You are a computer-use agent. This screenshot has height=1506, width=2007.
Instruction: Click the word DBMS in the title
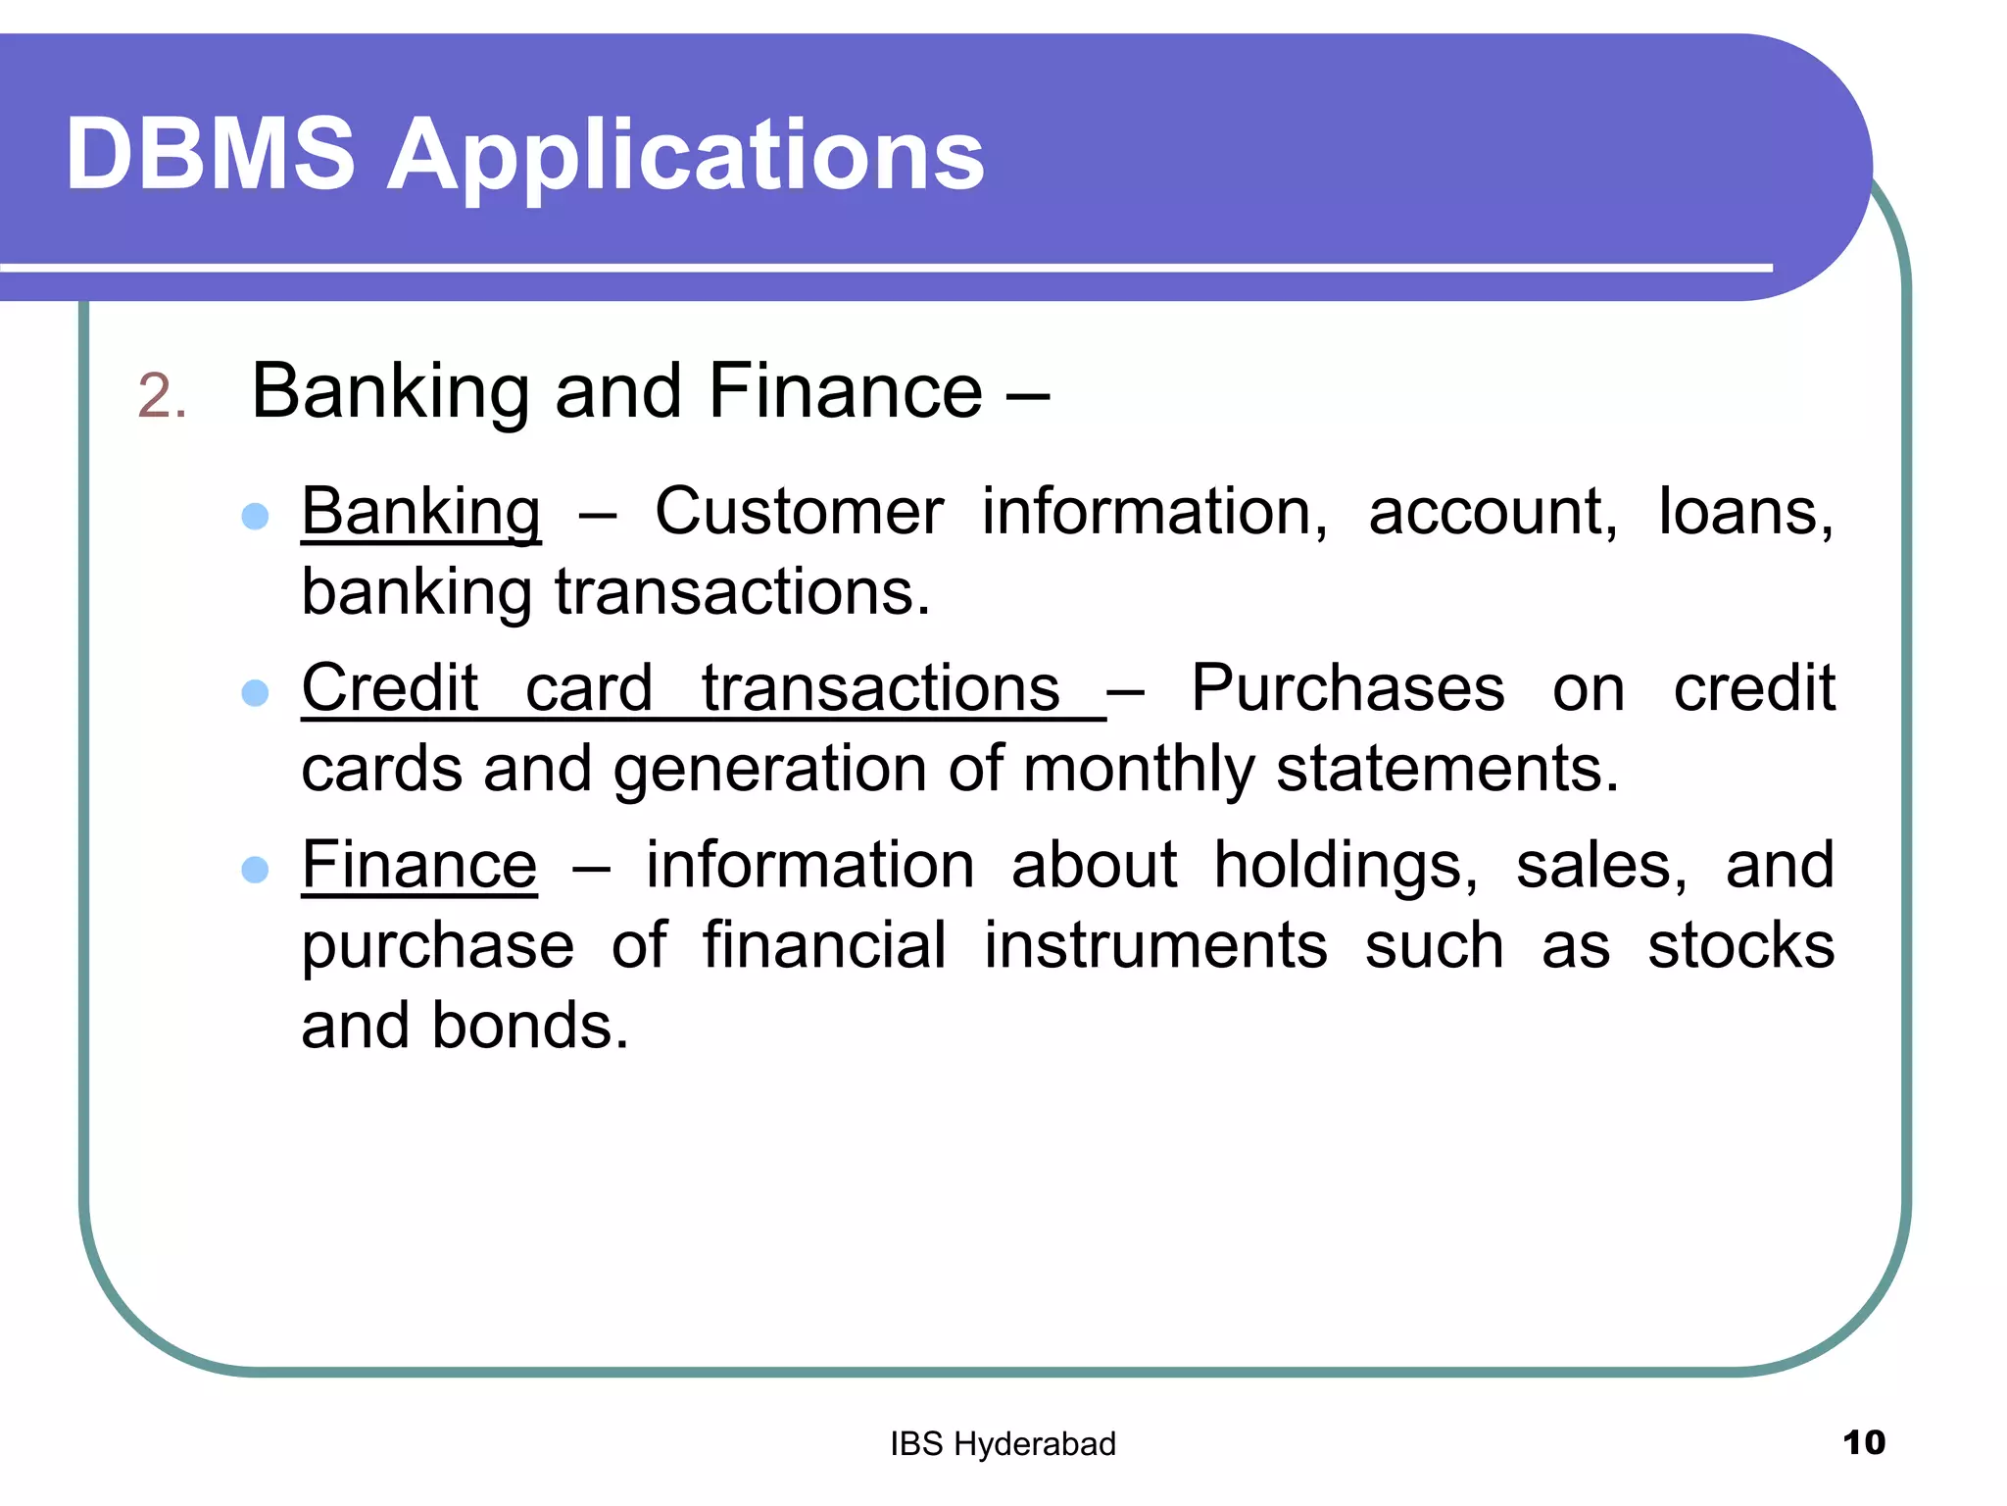pyautogui.click(x=210, y=154)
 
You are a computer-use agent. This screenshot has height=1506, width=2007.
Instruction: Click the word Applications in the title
pyautogui.click(x=686, y=157)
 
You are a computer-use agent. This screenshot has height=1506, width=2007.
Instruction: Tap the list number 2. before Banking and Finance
pyautogui.click(x=162, y=397)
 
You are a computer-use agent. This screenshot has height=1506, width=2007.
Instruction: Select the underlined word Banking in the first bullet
pyautogui.click(x=420, y=513)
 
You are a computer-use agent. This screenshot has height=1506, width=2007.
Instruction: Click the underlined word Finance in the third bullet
pyautogui.click(x=418, y=866)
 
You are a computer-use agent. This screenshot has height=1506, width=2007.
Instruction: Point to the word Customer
pyautogui.click(x=799, y=512)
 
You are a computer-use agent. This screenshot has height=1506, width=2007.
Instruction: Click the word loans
pyautogui.click(x=1745, y=512)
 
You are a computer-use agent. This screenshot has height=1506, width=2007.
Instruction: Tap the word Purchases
pyautogui.click(x=1347, y=688)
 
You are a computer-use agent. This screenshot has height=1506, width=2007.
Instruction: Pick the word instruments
pyautogui.click(x=1155, y=946)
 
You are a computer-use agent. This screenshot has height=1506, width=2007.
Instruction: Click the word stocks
pyautogui.click(x=1740, y=946)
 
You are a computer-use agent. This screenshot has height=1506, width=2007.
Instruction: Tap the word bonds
pyautogui.click(x=530, y=1027)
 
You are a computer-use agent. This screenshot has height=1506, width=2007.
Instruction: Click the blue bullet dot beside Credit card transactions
pyautogui.click(x=255, y=693)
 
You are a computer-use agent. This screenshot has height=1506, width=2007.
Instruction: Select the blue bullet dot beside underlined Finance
pyautogui.click(x=255, y=870)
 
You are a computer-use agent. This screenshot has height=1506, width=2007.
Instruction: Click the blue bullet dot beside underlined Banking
pyautogui.click(x=255, y=517)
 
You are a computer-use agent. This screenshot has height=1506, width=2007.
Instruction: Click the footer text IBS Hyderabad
pyautogui.click(x=1003, y=1444)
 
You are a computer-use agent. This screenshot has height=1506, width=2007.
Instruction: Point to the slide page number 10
pyautogui.click(x=1863, y=1443)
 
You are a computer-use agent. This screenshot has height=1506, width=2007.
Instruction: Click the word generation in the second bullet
pyautogui.click(x=770, y=770)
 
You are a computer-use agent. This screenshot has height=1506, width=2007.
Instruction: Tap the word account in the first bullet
pyautogui.click(x=1493, y=512)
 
